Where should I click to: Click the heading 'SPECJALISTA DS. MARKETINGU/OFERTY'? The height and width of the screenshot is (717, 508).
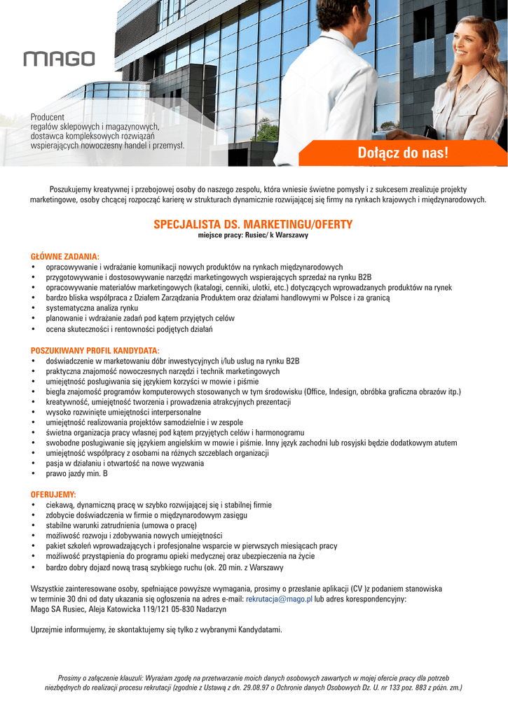pyautogui.click(x=253, y=224)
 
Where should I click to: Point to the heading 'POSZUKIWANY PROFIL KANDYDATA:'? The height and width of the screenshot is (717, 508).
pyautogui.click(x=95, y=350)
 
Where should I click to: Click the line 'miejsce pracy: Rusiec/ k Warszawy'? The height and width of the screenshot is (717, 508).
pyautogui.click(x=253, y=236)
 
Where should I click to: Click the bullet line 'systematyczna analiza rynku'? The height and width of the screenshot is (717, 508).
pyautogui.click(x=92, y=308)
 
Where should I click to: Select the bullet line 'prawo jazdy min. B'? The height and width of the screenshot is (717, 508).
pyautogui.click(x=76, y=474)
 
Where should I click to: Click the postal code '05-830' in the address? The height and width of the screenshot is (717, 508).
pyautogui.click(x=188, y=610)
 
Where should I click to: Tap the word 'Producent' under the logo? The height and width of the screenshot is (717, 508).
pyautogui.click(x=48, y=117)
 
